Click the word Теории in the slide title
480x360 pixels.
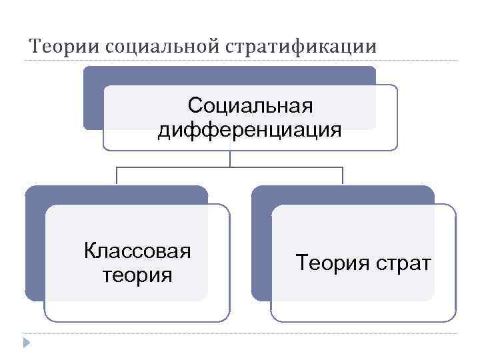click(x=65, y=47)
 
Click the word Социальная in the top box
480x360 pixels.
click(x=250, y=106)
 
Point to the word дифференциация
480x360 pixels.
click(x=250, y=129)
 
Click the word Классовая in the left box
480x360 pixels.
click(x=137, y=251)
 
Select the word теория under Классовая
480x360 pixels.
click(x=137, y=274)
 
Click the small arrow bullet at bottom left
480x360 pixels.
click(x=26, y=343)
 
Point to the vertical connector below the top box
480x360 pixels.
click(x=230, y=158)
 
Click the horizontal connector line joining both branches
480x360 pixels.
click(x=230, y=167)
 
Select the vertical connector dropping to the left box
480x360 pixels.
click(x=117, y=175)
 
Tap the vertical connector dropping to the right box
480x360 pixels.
click(x=343, y=175)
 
